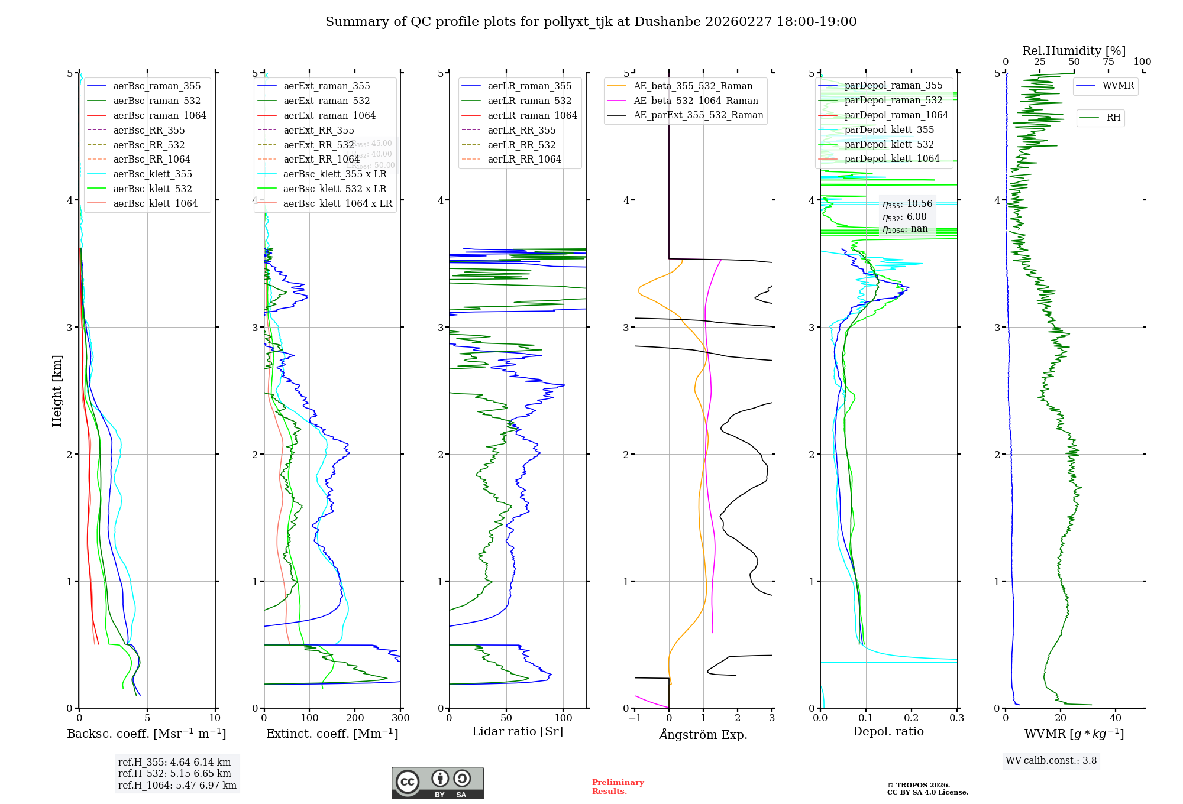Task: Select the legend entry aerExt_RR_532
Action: tap(318, 145)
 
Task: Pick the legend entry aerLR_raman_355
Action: tap(529, 86)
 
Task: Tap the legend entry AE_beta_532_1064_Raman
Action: tap(696, 100)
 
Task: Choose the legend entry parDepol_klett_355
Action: tap(889, 129)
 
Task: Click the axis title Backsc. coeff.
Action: tap(147, 734)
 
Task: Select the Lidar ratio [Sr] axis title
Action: tap(518, 731)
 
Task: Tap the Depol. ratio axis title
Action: tap(888, 731)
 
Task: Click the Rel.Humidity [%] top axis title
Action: tap(1074, 51)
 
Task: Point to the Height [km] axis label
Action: tap(57, 391)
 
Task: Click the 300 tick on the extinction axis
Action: tap(400, 718)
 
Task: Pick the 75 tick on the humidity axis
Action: tap(1108, 62)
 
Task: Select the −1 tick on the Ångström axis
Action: tap(635, 718)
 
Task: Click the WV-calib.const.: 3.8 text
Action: tap(1051, 761)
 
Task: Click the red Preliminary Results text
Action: tap(618, 787)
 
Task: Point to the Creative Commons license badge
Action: tap(437, 783)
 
